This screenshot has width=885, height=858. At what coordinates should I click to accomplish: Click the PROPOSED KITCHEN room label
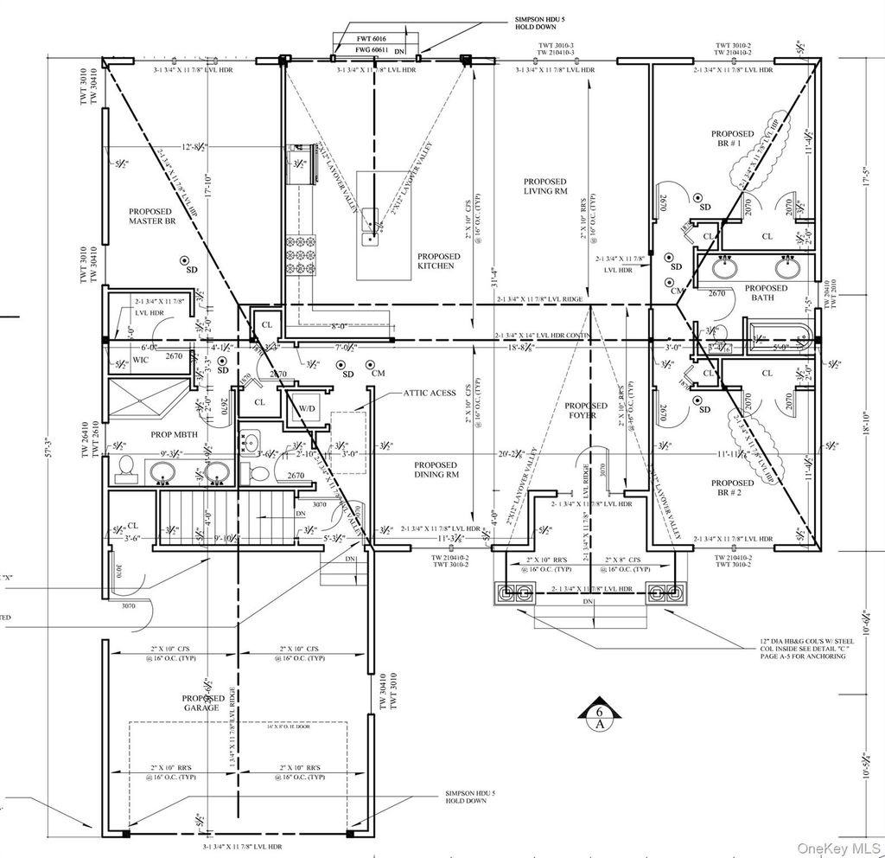pyautogui.click(x=439, y=260)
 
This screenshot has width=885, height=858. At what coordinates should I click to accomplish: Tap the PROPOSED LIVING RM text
pyautogui.click(x=545, y=186)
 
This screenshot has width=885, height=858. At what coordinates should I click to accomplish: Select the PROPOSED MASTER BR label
pyautogui.click(x=150, y=216)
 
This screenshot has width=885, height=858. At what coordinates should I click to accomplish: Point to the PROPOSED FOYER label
pyautogui.click(x=586, y=410)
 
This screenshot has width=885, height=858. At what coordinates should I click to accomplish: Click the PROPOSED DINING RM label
pyautogui.click(x=436, y=469)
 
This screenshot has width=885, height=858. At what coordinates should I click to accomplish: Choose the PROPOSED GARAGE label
pyautogui.click(x=203, y=702)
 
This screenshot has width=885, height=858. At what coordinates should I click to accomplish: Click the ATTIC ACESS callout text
pyautogui.click(x=429, y=393)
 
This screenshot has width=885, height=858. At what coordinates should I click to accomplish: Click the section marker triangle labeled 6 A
pyautogui.click(x=598, y=717)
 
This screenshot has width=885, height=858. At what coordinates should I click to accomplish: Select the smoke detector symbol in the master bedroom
pyautogui.click(x=184, y=259)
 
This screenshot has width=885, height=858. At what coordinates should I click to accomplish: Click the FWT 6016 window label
pyautogui.click(x=374, y=39)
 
